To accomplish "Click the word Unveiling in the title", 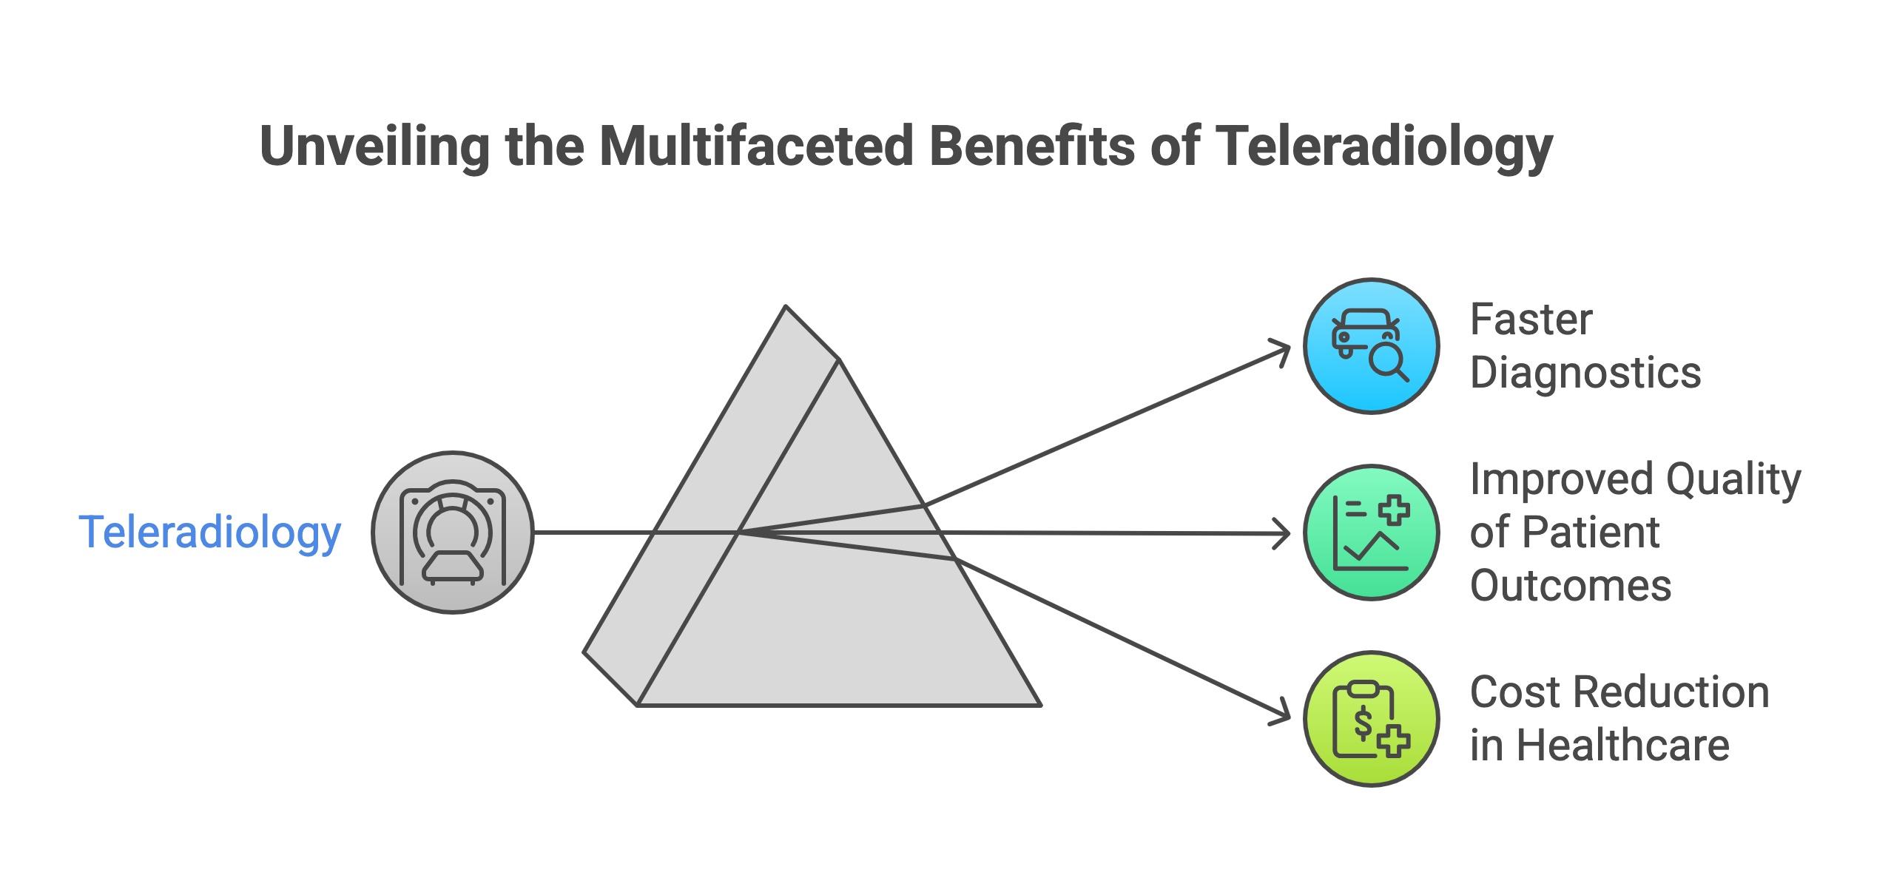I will (x=374, y=146).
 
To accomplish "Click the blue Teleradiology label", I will (x=209, y=533).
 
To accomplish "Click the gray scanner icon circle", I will (x=452, y=533).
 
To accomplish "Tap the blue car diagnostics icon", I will (x=1370, y=346).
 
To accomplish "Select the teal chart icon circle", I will (x=1370, y=533).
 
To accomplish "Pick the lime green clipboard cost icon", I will (x=1370, y=719).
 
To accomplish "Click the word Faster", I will (x=1531, y=320).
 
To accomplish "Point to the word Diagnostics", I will (x=1585, y=372).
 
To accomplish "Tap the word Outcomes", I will (x=1571, y=586).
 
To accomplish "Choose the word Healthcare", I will (x=1623, y=745).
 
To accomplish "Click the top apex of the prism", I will (x=786, y=306).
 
